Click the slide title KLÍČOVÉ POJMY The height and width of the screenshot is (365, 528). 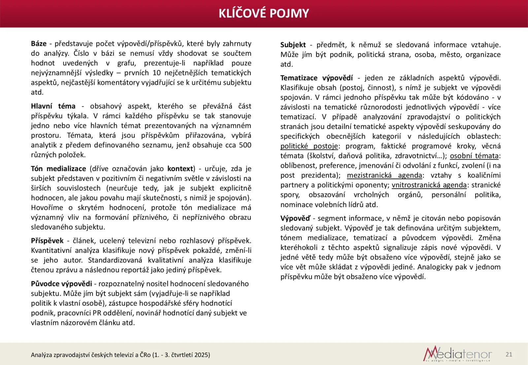point(264,13)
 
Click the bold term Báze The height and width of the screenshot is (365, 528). point(39,44)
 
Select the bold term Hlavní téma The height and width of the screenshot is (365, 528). point(53,106)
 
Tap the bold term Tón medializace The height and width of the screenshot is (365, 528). point(58,168)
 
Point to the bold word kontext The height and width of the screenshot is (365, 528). point(180,168)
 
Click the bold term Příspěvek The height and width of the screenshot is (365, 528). point(47,241)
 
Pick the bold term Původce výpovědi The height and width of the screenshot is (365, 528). point(61,284)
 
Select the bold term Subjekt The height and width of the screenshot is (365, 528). point(293,45)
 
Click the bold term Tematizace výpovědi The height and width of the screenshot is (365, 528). point(316,78)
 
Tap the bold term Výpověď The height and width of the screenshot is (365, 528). point(295,218)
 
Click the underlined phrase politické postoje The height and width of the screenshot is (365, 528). point(309,146)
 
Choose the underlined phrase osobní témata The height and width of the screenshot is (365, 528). point(474,156)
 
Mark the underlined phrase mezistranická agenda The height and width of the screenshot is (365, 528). point(384,175)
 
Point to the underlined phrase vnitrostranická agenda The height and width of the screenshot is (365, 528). point(429,185)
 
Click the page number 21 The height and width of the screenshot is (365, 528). point(509,354)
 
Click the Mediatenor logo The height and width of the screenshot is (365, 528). point(457,354)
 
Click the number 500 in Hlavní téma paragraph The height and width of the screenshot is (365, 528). point(245,145)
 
